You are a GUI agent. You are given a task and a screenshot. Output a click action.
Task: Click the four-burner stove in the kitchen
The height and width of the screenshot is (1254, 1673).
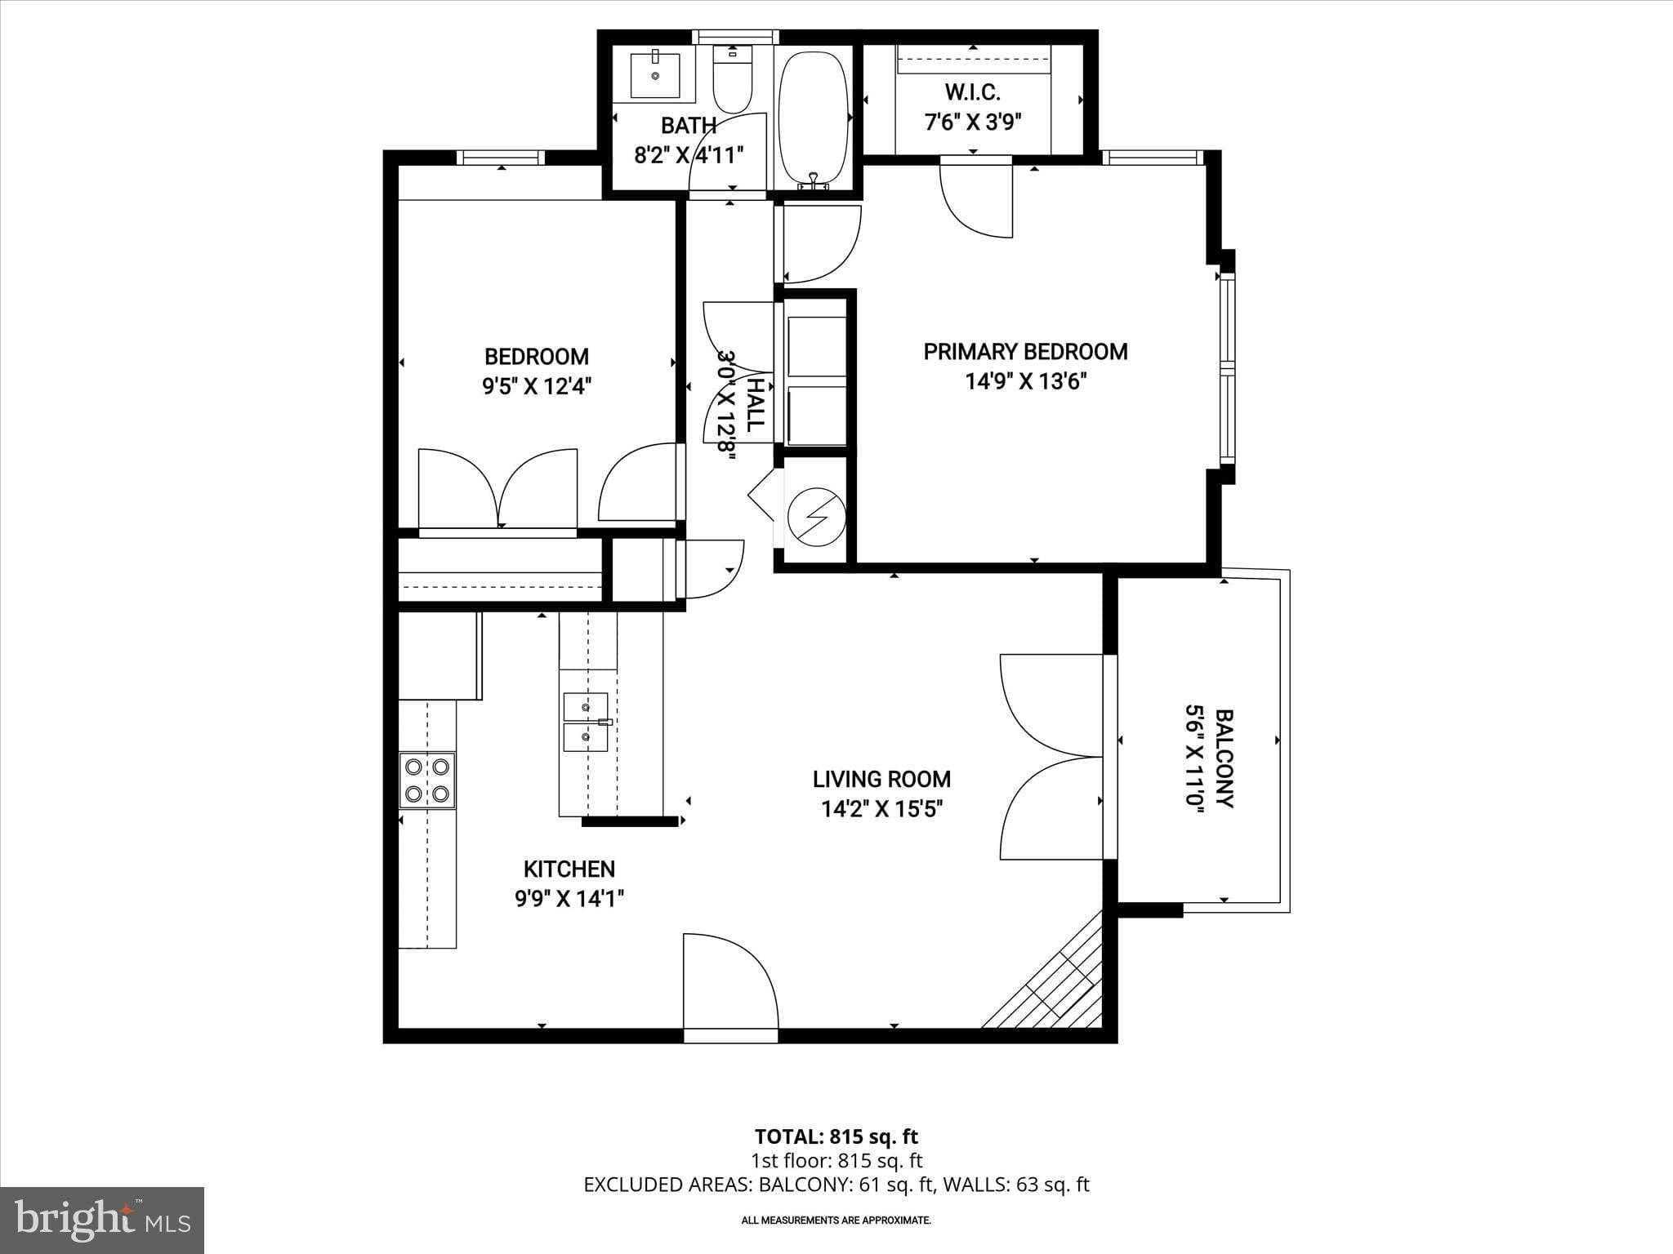[x=427, y=780]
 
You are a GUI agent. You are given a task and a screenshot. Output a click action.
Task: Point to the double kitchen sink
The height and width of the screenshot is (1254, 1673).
[x=586, y=722]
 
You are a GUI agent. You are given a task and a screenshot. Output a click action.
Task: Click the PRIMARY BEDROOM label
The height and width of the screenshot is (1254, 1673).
[x=1025, y=352]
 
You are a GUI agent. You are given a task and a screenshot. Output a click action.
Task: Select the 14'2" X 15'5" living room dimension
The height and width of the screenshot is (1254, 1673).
[x=881, y=809]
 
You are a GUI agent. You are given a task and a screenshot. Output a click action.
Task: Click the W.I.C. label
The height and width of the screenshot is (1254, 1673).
[x=972, y=91]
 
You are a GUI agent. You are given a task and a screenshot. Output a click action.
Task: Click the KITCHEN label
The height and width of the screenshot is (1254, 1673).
[x=569, y=869]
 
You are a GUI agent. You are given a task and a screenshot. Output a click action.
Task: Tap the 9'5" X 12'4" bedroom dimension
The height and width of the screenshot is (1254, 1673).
[x=536, y=385]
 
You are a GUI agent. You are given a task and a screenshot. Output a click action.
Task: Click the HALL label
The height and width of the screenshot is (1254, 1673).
[x=756, y=405]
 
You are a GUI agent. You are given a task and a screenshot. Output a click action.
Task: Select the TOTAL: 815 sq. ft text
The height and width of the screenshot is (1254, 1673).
[x=836, y=1136]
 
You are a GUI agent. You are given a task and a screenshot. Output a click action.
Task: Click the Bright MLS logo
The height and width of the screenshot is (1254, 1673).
[x=102, y=1220]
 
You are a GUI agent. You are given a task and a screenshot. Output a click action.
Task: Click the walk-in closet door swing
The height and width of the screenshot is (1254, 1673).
[x=977, y=200]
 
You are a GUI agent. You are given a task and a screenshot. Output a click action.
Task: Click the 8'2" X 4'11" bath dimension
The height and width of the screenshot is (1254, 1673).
[x=689, y=155]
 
